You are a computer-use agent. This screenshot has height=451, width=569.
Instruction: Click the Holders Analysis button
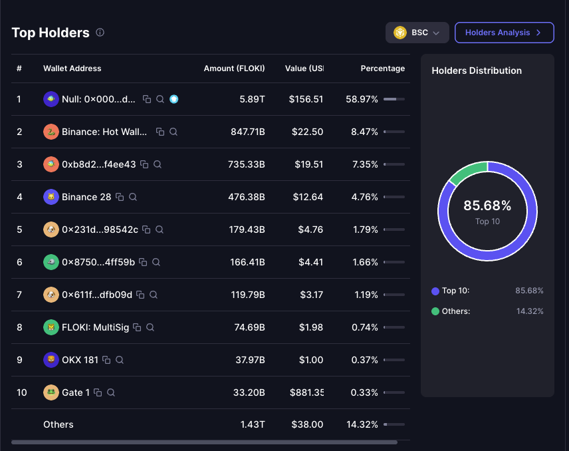pyautogui.click(x=504, y=33)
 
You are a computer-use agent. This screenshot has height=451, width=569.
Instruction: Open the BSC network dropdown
pyautogui.click(x=417, y=33)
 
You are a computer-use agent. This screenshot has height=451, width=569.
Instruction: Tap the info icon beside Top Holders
pyautogui.click(x=100, y=33)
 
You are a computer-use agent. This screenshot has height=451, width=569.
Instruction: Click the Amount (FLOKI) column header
pyautogui.click(x=234, y=69)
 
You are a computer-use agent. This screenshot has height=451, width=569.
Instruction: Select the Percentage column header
pyautogui.click(x=382, y=69)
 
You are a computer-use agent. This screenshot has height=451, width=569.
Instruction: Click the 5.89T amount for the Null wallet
pyautogui.click(x=252, y=99)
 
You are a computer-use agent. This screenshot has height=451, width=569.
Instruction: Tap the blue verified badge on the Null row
pyautogui.click(x=173, y=99)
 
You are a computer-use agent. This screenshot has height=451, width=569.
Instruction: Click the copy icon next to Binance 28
pyautogui.click(x=120, y=197)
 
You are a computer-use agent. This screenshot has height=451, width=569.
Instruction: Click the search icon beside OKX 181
pyautogui.click(x=120, y=360)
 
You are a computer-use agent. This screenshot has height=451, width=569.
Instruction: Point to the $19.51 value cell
pyautogui.click(x=309, y=164)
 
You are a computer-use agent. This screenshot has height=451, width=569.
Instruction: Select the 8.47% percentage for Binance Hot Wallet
pyautogui.click(x=364, y=132)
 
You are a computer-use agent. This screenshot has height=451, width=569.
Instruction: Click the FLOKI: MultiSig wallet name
pyautogui.click(x=95, y=327)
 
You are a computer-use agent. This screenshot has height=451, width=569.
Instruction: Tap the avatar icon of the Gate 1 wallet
pyautogui.click(x=51, y=392)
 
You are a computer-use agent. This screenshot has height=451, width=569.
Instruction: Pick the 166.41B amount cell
pyautogui.click(x=247, y=262)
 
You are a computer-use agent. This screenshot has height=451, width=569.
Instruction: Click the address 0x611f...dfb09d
pyautogui.click(x=97, y=295)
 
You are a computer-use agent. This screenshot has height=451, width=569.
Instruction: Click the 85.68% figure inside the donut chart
pyautogui.click(x=487, y=206)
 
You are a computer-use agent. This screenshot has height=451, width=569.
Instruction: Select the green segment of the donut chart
pyautogui.click(x=467, y=172)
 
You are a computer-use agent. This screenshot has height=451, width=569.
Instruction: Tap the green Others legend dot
pyautogui.click(x=435, y=311)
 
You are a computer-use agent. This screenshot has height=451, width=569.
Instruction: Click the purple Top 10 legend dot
pyautogui.click(x=435, y=291)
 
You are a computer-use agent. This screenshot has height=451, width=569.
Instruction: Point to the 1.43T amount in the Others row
pyautogui.click(x=253, y=424)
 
